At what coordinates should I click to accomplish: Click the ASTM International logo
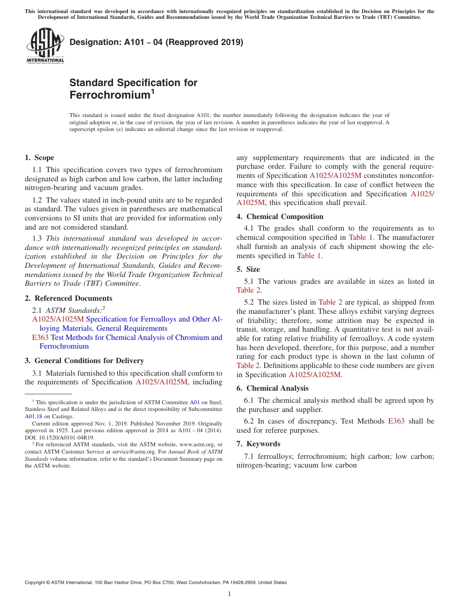(44, 46)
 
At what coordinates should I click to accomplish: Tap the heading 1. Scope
(39, 158)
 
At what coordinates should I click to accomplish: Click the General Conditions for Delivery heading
(89, 361)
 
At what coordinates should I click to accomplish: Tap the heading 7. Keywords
(258, 444)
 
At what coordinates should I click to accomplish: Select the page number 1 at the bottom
(229, 594)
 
